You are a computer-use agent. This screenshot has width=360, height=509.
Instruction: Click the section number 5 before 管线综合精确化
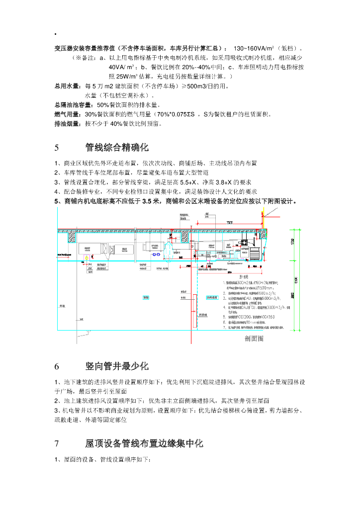click(x=57, y=148)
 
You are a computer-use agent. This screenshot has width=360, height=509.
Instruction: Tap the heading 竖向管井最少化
click(x=117, y=367)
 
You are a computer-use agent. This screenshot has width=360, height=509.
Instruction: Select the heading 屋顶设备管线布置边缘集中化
click(x=144, y=443)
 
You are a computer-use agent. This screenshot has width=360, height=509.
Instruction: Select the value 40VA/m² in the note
click(x=121, y=67)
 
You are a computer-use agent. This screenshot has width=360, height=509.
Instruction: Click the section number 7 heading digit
click(x=57, y=443)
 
